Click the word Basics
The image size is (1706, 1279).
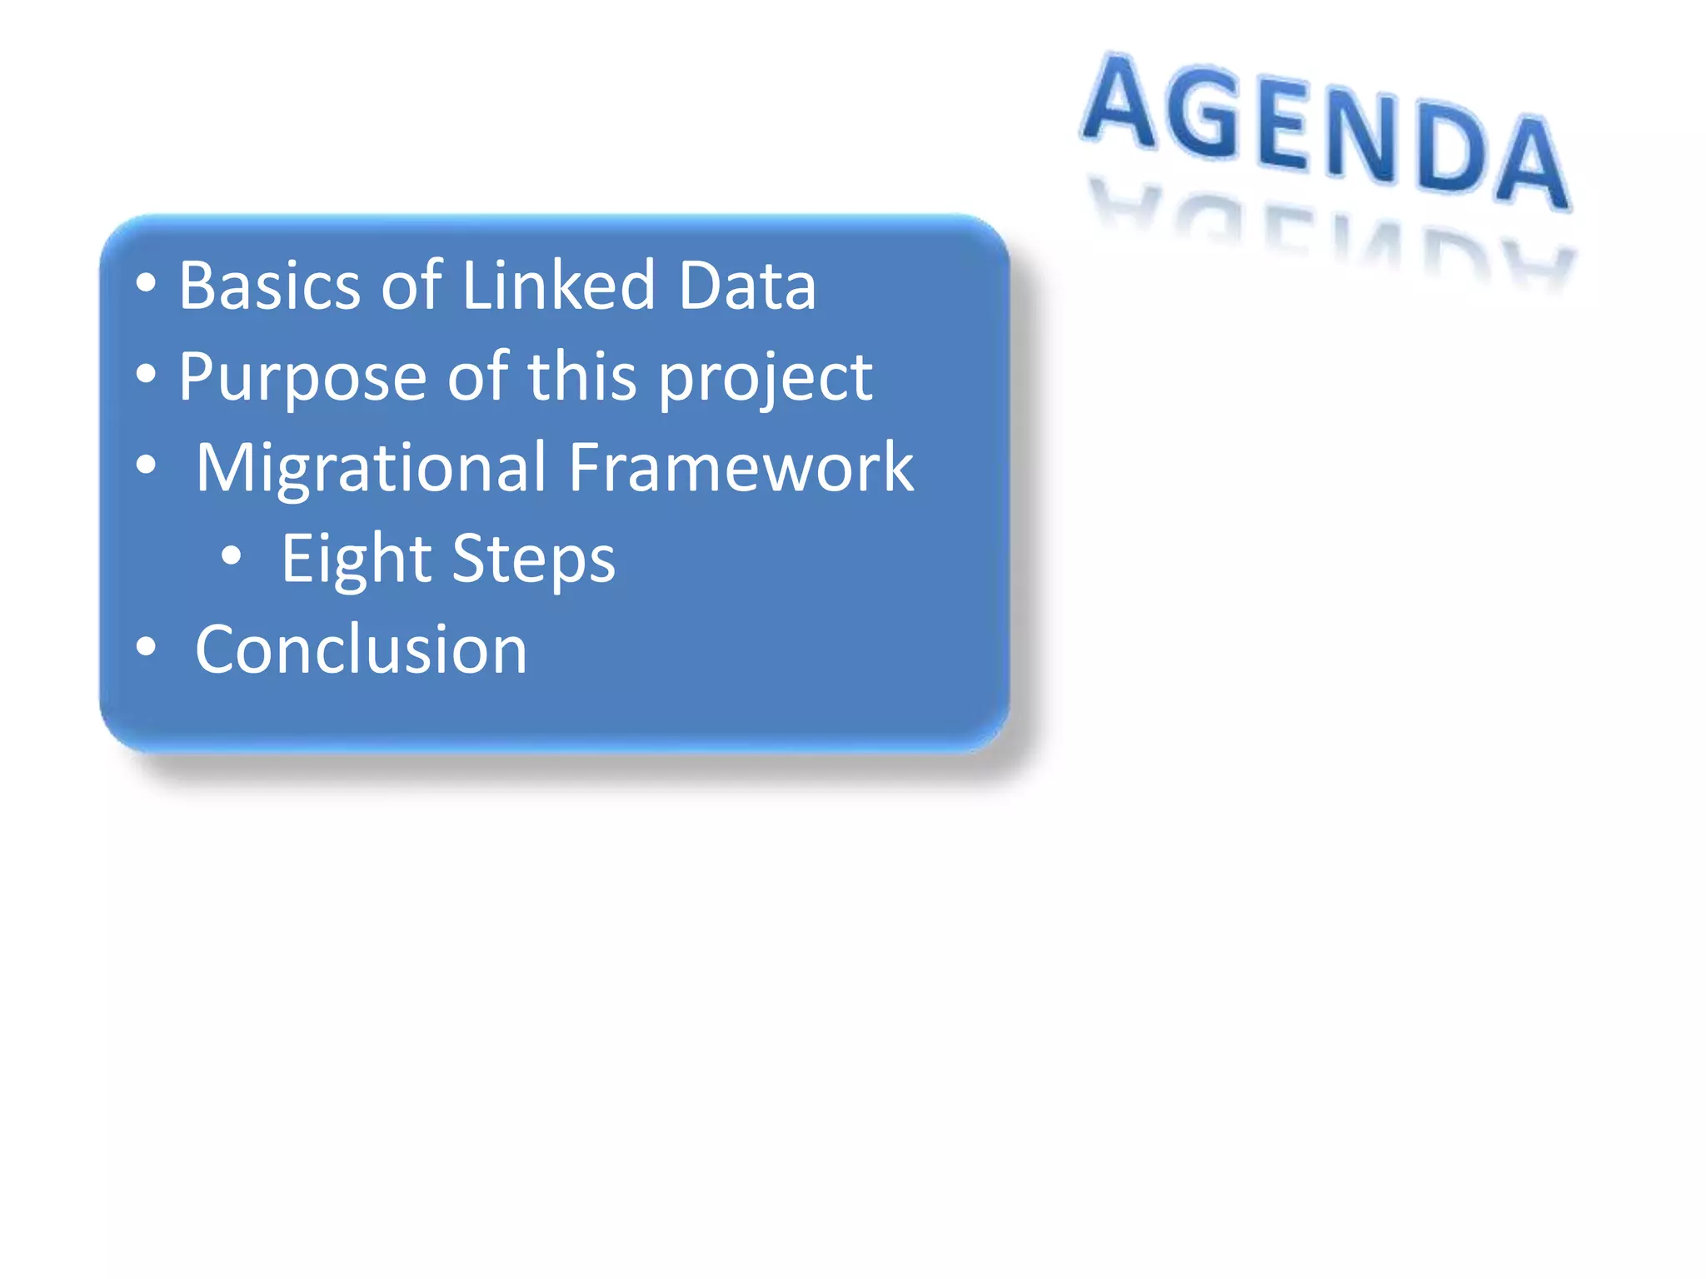(x=270, y=286)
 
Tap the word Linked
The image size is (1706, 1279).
(x=558, y=286)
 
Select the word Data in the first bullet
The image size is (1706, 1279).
(x=746, y=286)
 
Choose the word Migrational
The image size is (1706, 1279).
(x=371, y=468)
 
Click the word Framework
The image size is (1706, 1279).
(x=741, y=468)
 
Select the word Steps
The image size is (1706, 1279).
(x=533, y=560)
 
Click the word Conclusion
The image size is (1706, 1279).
(x=361, y=649)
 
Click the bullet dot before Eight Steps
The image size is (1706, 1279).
(x=232, y=556)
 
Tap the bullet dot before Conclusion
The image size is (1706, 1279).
(x=146, y=646)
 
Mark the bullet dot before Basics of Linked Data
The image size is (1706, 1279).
(x=146, y=283)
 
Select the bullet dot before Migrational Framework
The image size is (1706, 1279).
(x=146, y=465)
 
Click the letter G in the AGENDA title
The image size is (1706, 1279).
(x=1202, y=112)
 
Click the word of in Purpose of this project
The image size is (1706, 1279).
(x=477, y=376)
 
